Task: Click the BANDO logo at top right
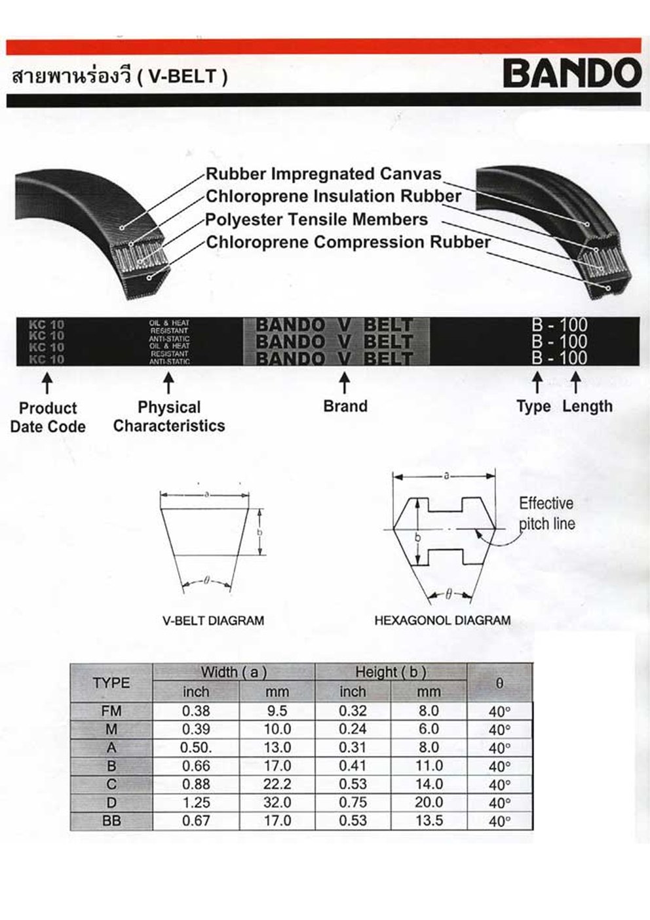pos(571,73)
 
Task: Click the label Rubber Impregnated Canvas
pos(324,174)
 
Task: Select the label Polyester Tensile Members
pos(316,220)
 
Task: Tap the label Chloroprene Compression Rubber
pos(348,242)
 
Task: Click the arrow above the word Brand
pos(345,384)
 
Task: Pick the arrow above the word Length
pos(576,384)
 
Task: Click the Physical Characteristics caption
pos(169,416)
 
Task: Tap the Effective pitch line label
pos(546,513)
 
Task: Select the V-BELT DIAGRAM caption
pos(213,620)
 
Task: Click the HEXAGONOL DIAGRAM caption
pos(442,620)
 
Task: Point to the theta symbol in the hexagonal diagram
pos(448,595)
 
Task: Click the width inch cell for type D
pos(196,803)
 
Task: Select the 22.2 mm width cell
pos(277,784)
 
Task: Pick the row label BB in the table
pos(111,820)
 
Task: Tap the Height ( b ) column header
pos(391,672)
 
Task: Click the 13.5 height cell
pos(429,820)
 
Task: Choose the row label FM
pos(111,711)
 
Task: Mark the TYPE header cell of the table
pos(111,683)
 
